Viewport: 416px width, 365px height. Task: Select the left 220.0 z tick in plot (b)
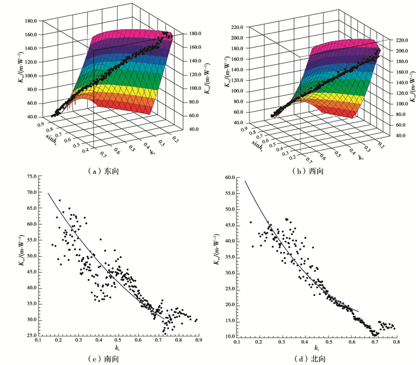[237, 27]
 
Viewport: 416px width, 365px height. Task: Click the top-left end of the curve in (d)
[245, 181]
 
